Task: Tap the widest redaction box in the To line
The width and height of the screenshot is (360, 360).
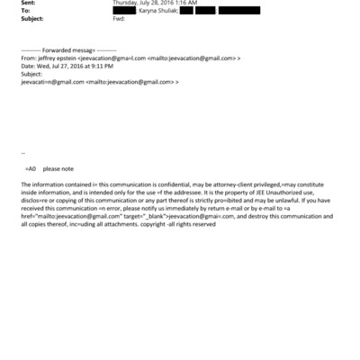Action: (238, 10)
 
